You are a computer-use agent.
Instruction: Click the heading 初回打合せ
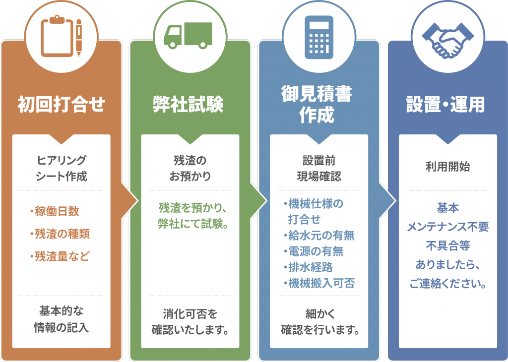click(62, 104)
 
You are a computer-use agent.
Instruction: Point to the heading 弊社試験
click(188, 104)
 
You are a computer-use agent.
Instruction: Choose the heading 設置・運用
click(445, 104)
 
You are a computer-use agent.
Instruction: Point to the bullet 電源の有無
click(316, 251)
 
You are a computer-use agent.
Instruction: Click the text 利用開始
click(447, 167)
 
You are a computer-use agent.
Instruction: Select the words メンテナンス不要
click(447, 227)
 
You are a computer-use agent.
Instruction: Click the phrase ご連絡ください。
click(447, 284)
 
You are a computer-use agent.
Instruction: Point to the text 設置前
click(319, 161)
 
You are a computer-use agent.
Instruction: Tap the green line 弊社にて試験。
click(190, 223)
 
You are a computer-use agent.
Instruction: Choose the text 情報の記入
click(61, 328)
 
